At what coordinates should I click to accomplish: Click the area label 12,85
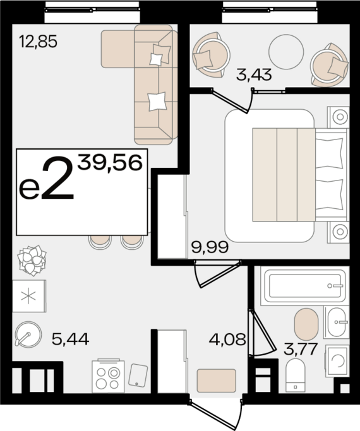39,42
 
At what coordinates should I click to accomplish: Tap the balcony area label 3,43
254,74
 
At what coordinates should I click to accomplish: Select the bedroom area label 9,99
210,247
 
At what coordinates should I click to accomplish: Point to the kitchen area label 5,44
70,339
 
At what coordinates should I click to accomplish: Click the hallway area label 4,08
227,339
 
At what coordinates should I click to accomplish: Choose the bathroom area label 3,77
301,349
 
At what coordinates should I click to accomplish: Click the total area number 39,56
110,162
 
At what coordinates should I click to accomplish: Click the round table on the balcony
286,52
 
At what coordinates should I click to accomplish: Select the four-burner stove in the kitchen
108,376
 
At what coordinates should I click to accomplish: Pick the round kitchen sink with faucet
28,334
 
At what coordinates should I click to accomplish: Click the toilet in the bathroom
296,375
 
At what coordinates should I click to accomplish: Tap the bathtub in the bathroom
304,286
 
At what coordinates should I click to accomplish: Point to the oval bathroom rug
306,324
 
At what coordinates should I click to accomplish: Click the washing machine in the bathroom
337,360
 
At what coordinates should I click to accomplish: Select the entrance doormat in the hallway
217,381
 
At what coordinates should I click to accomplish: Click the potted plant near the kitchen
32,261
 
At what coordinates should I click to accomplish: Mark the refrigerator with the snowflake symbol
29,296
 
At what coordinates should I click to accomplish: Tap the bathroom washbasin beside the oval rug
337,322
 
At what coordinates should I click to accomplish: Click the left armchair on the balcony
211,55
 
